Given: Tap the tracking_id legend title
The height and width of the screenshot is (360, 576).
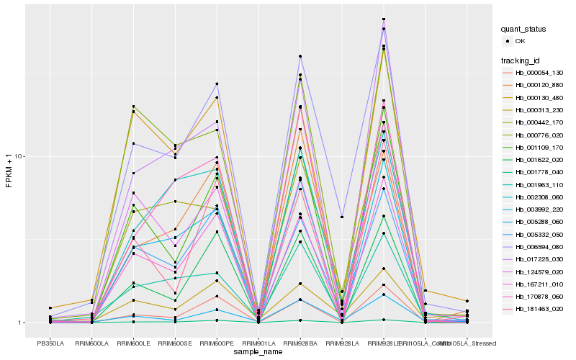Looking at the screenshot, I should pos(522,60).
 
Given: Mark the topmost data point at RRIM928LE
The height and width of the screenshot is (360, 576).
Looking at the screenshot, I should pos(384,19).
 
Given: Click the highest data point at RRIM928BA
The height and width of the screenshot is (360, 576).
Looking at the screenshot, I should pos(300,56).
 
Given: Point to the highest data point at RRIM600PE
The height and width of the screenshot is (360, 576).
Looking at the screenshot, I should pos(217,84).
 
